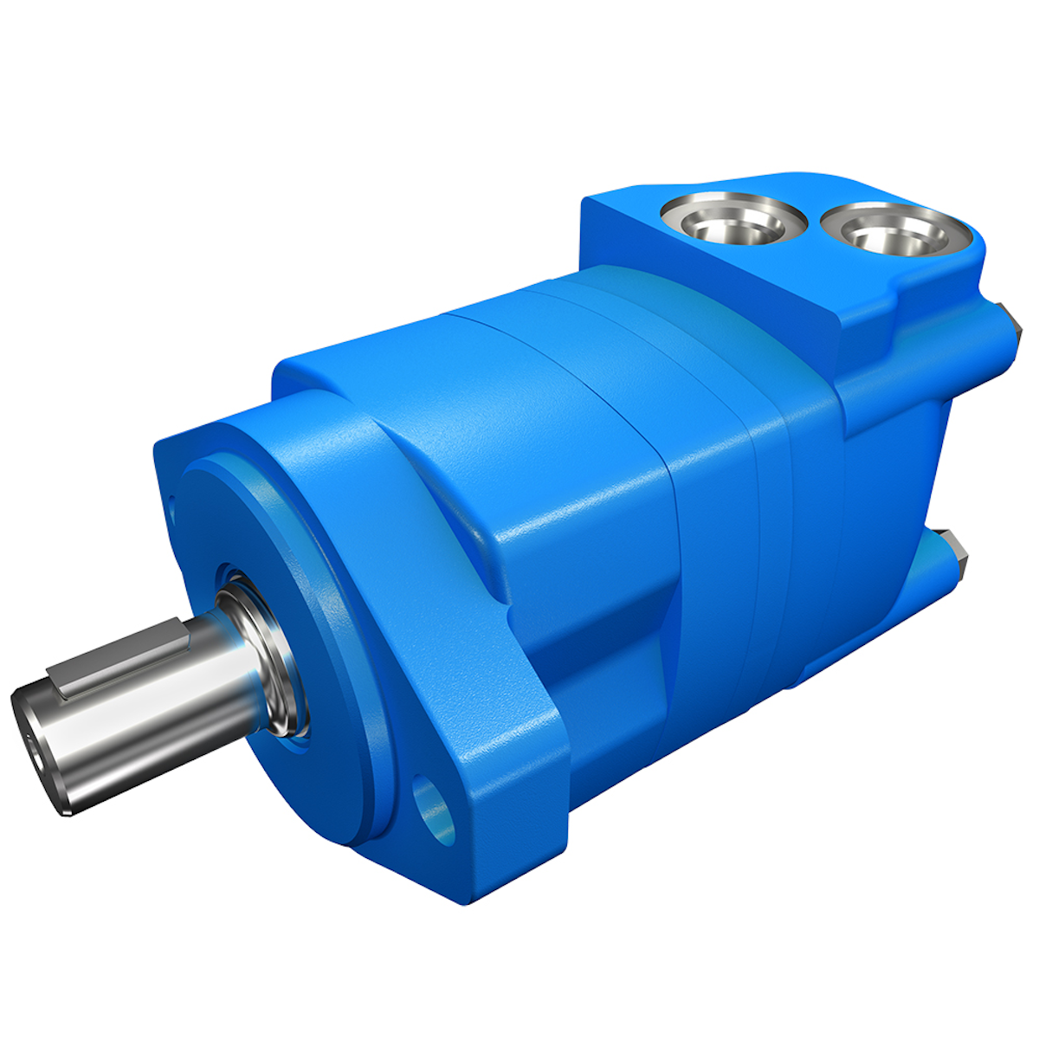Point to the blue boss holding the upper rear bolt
991,338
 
